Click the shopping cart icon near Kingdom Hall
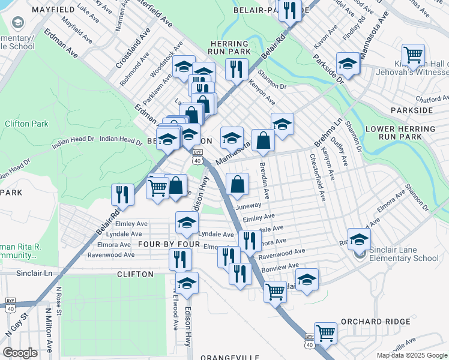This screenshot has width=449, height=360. click(413, 55)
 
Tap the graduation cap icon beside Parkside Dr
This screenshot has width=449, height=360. click(348, 64)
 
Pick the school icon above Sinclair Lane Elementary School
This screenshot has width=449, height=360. click(359, 238)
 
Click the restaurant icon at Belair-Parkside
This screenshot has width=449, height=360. click(290, 10)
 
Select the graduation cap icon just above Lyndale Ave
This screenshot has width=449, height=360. click(187, 223)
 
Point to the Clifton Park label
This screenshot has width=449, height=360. click(26, 124)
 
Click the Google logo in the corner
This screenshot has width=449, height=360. click(20, 352)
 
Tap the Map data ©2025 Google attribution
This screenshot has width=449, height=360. click(412, 355)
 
